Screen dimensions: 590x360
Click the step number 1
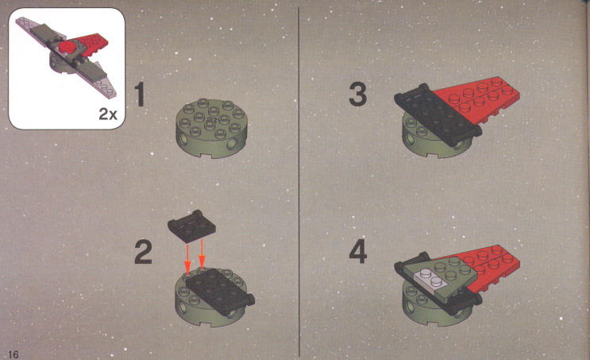click(x=140, y=95)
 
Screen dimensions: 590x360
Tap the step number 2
click(x=144, y=252)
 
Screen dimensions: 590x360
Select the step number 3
click(x=357, y=95)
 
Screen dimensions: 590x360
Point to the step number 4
click(x=358, y=252)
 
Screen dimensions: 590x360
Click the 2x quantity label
click(x=108, y=114)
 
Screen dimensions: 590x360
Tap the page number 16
click(x=13, y=354)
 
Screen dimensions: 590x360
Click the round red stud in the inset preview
click(x=67, y=47)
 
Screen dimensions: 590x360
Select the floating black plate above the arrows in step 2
click(x=191, y=226)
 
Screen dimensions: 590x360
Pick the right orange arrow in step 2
click(x=202, y=252)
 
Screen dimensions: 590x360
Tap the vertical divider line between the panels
click(x=299, y=180)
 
